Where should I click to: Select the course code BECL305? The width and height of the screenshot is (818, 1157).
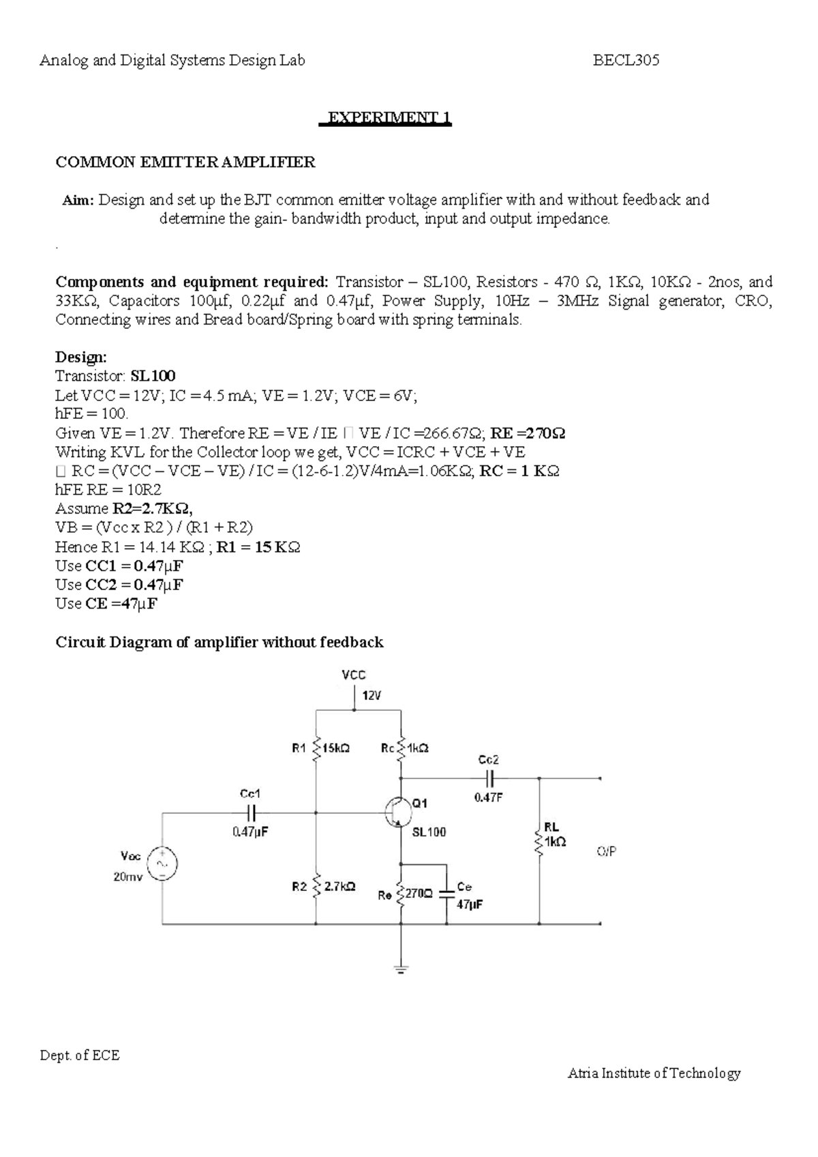point(626,61)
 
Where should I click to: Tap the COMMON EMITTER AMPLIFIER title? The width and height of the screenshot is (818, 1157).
point(185,162)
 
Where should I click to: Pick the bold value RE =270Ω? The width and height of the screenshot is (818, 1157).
point(528,433)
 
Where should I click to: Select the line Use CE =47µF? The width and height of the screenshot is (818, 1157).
point(106,604)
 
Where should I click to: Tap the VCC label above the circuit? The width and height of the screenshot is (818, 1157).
point(353,675)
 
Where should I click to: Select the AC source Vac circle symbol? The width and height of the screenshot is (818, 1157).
point(162,864)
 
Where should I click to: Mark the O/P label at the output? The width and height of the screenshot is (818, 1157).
point(607,851)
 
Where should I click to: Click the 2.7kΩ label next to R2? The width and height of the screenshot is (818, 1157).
point(339,887)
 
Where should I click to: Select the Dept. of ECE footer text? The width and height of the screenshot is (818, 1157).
point(79,1056)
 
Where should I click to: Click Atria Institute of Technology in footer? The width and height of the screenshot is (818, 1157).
point(654,1074)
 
